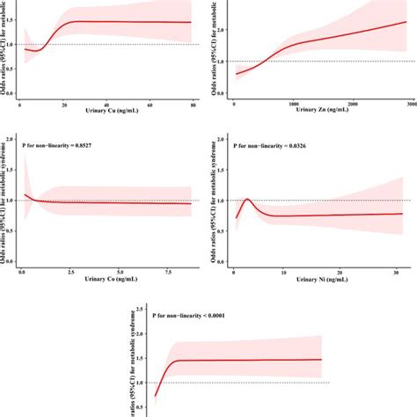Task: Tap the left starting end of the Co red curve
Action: [x=24, y=194]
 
